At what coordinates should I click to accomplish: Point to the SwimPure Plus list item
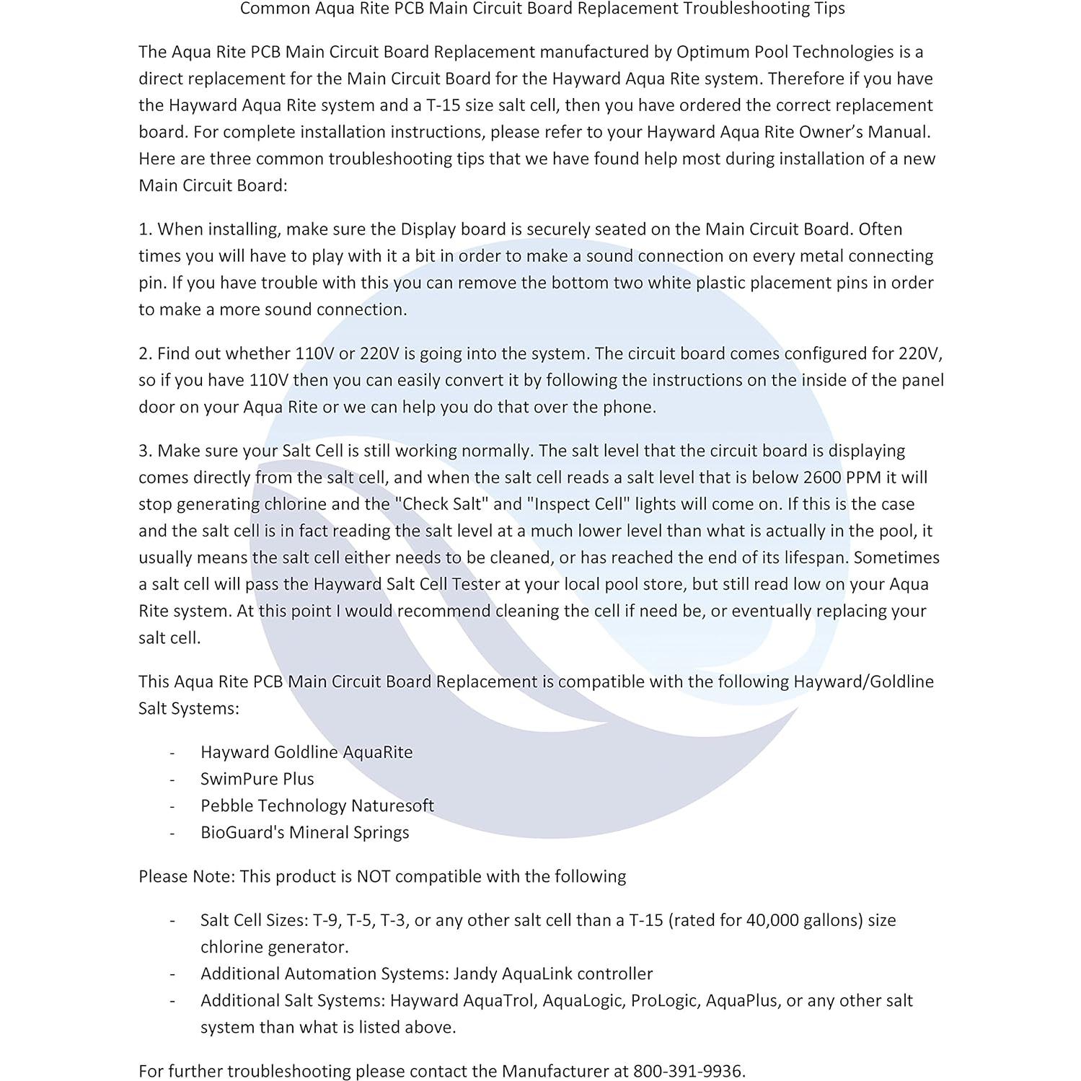coord(257,779)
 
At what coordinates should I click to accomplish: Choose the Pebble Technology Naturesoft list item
coord(317,806)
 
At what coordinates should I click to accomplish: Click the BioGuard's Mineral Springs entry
coord(304,832)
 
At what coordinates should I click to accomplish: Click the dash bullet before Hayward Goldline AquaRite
coord(172,752)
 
